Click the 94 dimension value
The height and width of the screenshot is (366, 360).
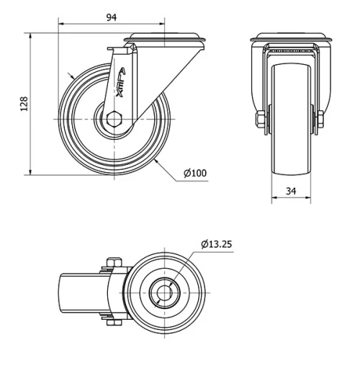pyautogui.click(x=112, y=17)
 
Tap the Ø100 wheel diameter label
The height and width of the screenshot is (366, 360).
pyautogui.click(x=195, y=173)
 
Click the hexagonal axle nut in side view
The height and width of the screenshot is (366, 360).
pyautogui.click(x=115, y=118)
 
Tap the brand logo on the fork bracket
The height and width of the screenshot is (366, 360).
pyautogui.click(x=120, y=79)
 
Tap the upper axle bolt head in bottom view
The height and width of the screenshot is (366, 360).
pyautogui.click(x=112, y=262)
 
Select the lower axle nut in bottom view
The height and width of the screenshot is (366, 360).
pyautogui.click(x=112, y=322)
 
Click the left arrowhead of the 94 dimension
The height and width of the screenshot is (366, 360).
pyautogui.click(x=60, y=25)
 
